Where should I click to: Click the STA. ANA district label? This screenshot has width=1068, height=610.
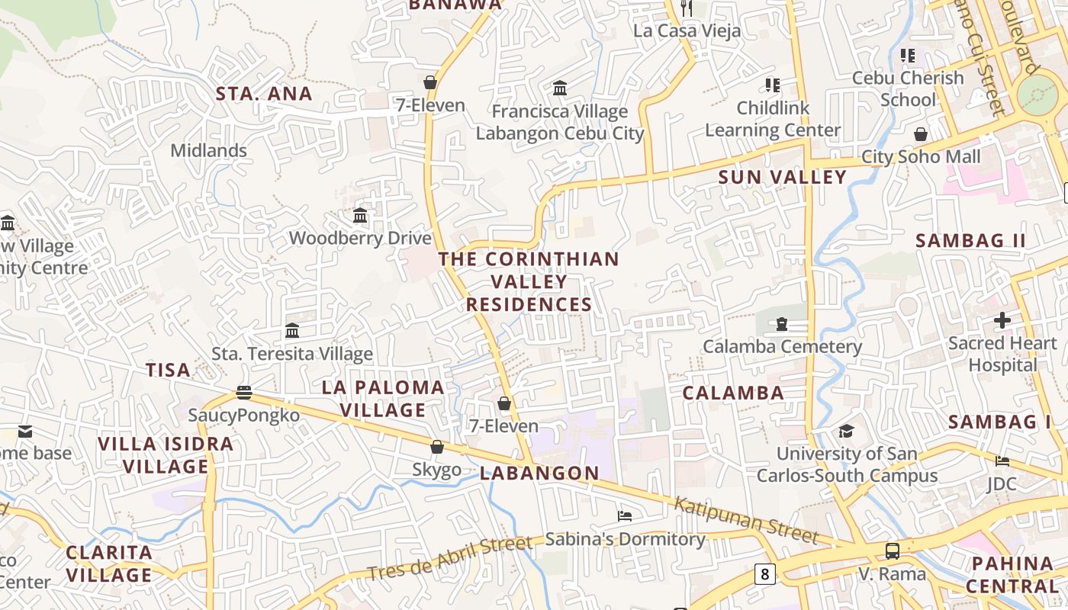coord(264,94)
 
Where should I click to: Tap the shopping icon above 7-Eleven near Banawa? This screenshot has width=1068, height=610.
coord(430,82)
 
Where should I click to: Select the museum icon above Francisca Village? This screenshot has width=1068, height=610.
coord(560,88)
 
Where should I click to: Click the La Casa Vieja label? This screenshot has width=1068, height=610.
coord(687,31)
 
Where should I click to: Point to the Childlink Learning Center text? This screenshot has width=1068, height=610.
coord(773,119)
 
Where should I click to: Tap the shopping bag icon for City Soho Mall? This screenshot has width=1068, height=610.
coord(921,134)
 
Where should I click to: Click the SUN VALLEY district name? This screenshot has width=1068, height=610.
coord(783,178)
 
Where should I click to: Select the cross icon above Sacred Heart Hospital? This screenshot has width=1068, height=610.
coord(1002,320)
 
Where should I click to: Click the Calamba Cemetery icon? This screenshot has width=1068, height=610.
coord(782,324)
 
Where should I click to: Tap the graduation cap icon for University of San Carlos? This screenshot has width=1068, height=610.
coord(846,431)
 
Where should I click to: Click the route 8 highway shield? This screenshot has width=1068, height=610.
coord(764,573)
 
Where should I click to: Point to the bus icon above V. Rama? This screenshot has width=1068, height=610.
coord(892,551)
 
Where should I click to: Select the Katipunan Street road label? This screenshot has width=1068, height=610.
coord(745,519)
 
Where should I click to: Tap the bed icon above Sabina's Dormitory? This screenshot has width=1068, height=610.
coord(625,516)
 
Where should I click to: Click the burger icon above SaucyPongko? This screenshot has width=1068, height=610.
coord(244,393)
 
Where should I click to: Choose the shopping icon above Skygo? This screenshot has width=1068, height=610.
coord(437,447)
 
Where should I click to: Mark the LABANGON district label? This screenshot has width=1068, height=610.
coord(539,474)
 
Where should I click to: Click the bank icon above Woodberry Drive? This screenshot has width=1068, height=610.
coord(360,216)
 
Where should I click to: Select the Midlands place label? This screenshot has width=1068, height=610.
coord(208,150)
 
